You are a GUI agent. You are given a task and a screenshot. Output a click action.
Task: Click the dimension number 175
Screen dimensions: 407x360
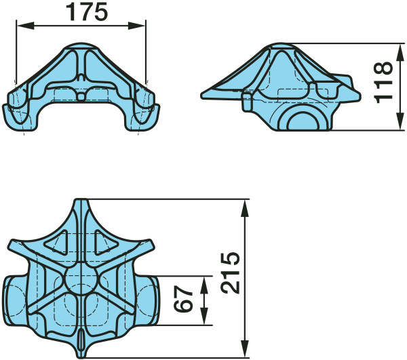[x=87, y=12]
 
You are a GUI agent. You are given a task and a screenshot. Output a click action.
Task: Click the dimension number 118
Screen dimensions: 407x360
[x=383, y=82]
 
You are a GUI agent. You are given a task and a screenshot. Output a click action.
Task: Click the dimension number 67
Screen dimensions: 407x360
[x=183, y=298]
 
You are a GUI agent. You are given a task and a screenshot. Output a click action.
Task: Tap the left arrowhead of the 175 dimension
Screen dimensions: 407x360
[x=26, y=26]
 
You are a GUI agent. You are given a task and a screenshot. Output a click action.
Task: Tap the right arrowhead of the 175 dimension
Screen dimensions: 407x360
[x=137, y=26]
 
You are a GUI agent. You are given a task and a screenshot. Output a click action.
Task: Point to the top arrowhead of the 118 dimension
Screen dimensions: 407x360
[x=401, y=52]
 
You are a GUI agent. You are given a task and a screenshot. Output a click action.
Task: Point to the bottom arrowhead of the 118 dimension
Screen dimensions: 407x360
[x=401, y=121]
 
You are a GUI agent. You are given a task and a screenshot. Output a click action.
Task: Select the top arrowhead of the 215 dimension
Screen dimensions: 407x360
[x=245, y=208]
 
